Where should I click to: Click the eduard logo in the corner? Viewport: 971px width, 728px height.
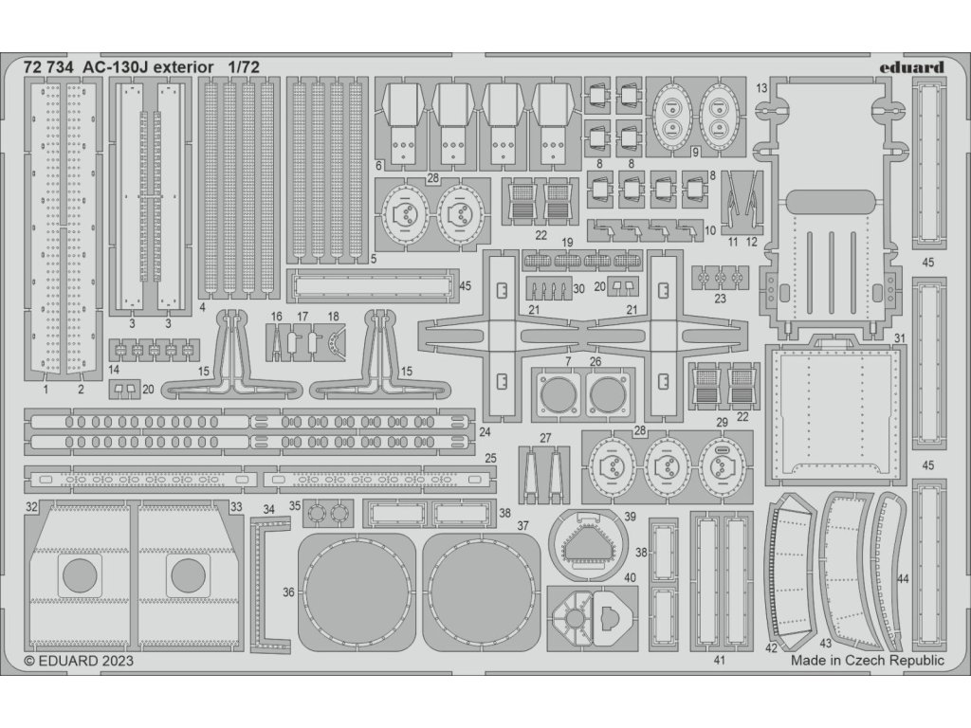[x=909, y=67]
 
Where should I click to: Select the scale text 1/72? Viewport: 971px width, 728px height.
[x=244, y=67]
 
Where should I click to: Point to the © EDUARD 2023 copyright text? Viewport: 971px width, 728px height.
[x=79, y=661]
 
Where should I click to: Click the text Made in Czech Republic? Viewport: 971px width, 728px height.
[x=868, y=661]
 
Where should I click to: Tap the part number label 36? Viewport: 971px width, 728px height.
[x=288, y=592]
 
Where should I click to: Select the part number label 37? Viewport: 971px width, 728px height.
[x=522, y=525]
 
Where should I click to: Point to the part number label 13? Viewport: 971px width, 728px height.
[x=762, y=88]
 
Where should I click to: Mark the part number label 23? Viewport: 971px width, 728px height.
[x=721, y=298]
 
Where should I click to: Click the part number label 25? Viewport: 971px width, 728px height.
[x=490, y=459]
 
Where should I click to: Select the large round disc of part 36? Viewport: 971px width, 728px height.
[x=357, y=593]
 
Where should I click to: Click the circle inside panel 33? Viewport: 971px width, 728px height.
[x=186, y=574]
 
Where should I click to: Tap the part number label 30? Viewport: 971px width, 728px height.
[x=579, y=288]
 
